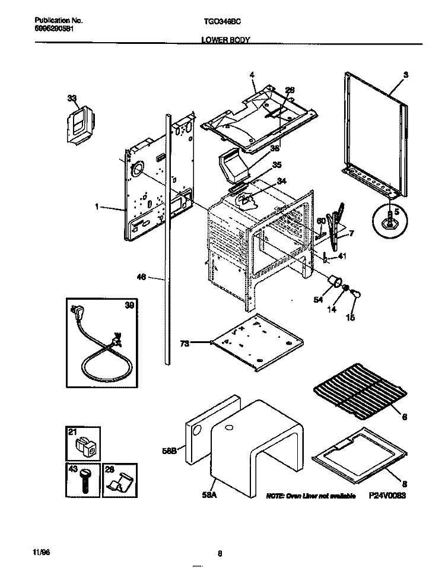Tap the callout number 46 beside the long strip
[x=141, y=277]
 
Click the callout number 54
[x=319, y=300]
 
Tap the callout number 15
[x=350, y=318]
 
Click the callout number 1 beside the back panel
[x=97, y=207]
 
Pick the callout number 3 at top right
[x=405, y=75]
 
